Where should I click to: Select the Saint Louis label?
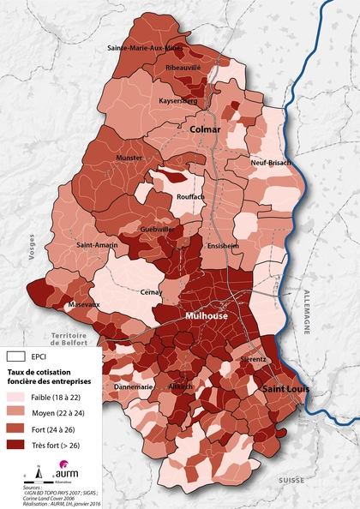(285, 390)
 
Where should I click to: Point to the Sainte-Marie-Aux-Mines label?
(145, 48)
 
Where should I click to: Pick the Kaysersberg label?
(178, 101)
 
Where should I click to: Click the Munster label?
(129, 158)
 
